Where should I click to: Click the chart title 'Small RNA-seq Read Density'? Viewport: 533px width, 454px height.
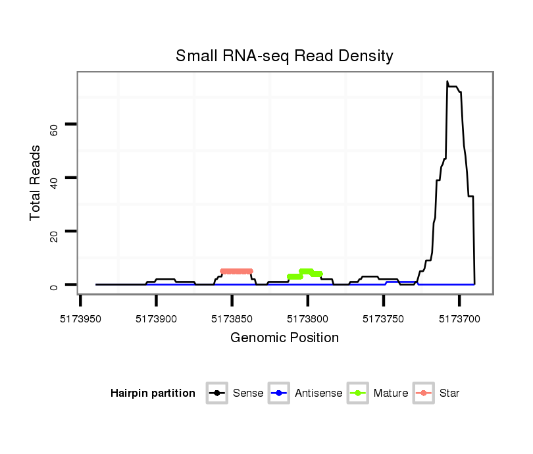click(284, 56)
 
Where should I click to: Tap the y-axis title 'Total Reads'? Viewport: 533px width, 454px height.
click(36, 183)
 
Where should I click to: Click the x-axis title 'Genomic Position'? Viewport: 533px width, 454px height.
click(284, 338)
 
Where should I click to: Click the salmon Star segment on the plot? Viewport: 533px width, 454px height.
click(236, 271)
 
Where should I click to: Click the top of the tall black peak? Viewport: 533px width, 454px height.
click(447, 82)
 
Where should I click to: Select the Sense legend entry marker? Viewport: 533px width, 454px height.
click(216, 393)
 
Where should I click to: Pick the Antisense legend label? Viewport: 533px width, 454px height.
click(318, 393)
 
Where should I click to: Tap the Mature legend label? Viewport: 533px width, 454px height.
click(390, 393)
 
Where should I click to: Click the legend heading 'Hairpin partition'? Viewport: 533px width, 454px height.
click(153, 393)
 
